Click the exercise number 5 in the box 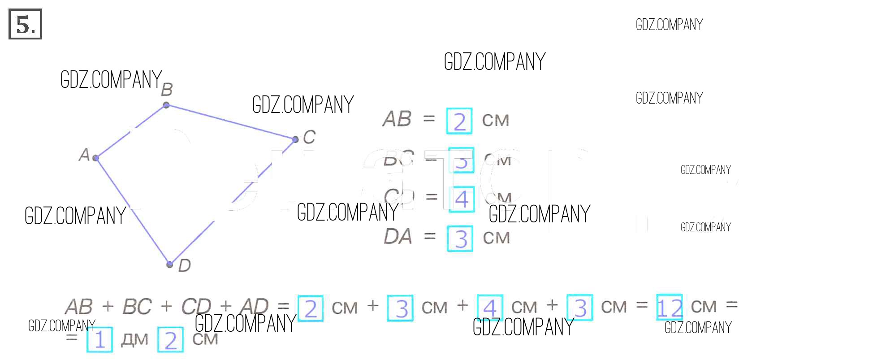pos(25,24)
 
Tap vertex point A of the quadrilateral pos(95,157)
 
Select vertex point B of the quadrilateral pos(166,105)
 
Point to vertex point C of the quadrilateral pos(295,139)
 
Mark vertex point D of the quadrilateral pos(169,264)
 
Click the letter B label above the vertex pos(167,90)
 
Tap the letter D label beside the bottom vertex pos(184,265)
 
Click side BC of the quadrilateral pos(230,122)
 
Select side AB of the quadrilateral pos(131,131)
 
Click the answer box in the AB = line pos(459,121)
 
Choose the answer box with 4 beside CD pos(461,199)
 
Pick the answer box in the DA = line pos(460,238)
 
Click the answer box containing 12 pos(669,308)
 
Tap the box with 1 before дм pos(99,340)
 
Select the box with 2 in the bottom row pos(171,340)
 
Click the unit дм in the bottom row pos(134,340)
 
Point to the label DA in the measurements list pos(398,237)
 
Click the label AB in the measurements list pos(397,119)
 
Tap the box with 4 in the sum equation pos(490,308)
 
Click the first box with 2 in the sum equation pos(311,308)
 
